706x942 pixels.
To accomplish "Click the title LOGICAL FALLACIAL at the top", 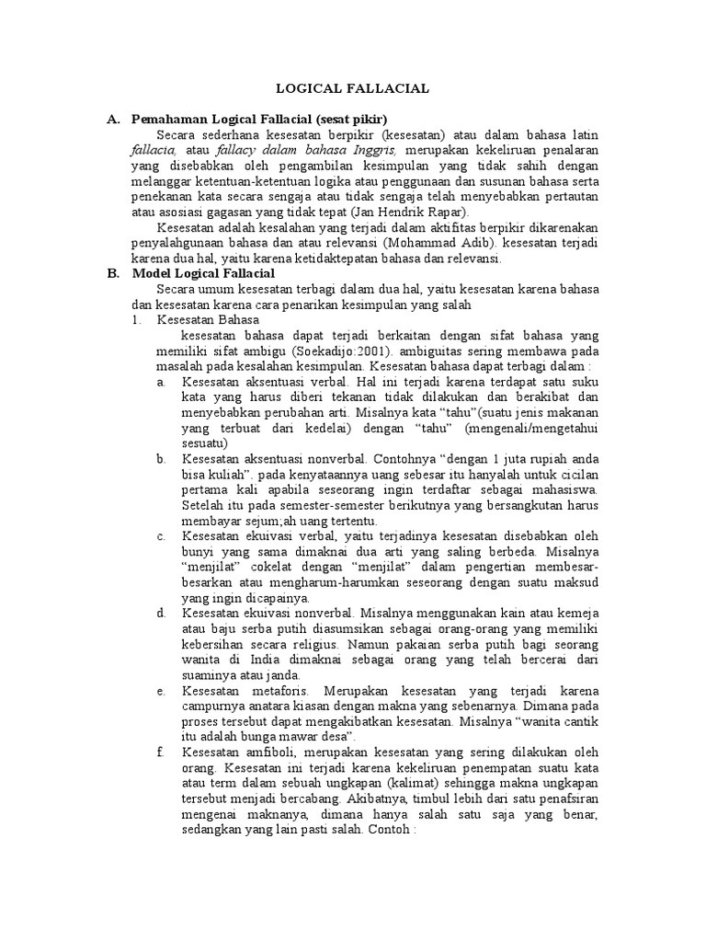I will click(x=353, y=88).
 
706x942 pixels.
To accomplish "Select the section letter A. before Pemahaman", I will click(x=114, y=120).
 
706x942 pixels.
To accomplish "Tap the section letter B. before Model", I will click(x=114, y=273).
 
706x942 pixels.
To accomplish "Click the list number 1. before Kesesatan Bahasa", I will click(x=136, y=319).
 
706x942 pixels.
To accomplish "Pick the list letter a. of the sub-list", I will click(x=161, y=381).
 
